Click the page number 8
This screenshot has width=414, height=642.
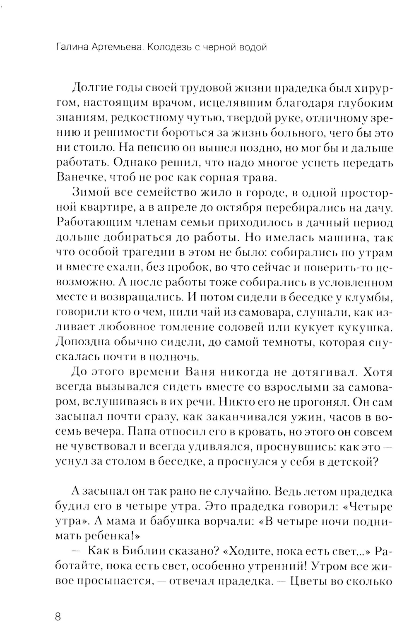[x=58, y=616]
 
